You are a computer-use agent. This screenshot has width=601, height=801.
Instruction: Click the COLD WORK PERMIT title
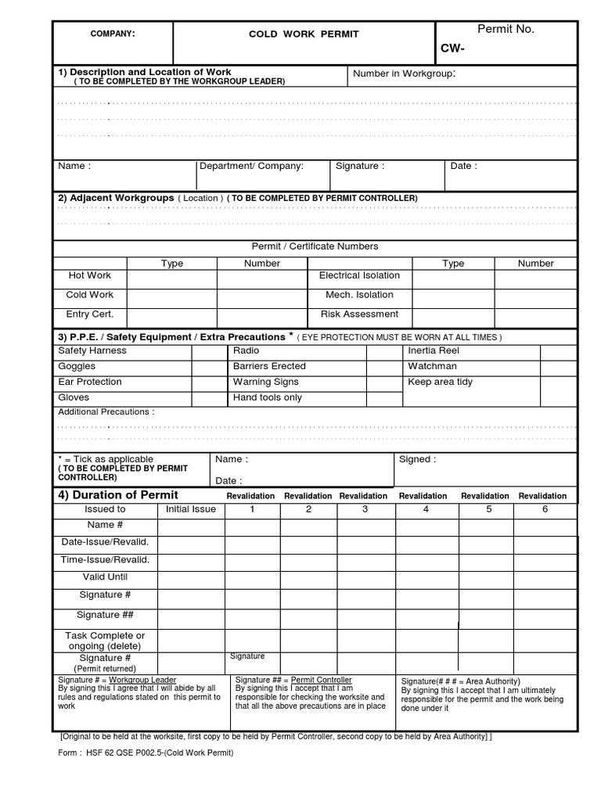tap(293, 34)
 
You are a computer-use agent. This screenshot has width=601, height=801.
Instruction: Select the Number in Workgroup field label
tap(404, 74)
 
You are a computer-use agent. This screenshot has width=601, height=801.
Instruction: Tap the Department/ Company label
tap(251, 166)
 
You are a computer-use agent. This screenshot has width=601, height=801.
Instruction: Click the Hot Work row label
tap(90, 275)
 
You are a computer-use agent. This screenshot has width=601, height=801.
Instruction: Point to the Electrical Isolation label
tap(359, 275)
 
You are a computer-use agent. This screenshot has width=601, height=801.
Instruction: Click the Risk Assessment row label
tap(359, 314)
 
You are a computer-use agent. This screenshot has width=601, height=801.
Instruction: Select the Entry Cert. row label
tap(90, 314)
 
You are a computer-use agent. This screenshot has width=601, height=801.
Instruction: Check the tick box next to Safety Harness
tap(209, 351)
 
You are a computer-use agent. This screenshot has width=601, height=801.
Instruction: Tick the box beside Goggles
tap(209, 367)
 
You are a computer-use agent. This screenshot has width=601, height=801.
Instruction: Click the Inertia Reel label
tap(434, 351)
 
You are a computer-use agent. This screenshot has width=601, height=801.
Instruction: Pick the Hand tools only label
tap(267, 397)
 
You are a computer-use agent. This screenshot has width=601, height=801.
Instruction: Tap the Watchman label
tap(432, 366)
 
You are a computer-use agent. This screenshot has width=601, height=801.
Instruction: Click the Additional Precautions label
tap(106, 411)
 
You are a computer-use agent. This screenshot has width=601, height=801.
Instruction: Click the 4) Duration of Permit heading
tap(118, 495)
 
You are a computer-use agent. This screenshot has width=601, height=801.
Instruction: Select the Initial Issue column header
tap(191, 509)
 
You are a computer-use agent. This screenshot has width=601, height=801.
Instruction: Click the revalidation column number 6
tap(545, 509)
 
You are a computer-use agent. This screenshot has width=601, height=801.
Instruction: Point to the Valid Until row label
tap(105, 577)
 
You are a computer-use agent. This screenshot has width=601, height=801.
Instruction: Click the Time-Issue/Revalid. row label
tap(105, 560)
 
